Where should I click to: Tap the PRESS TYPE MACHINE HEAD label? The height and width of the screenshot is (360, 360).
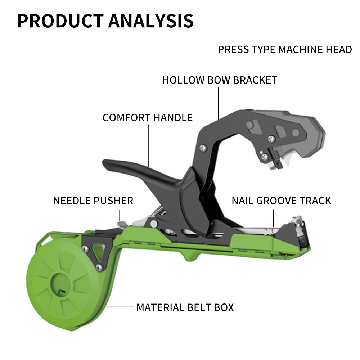285,50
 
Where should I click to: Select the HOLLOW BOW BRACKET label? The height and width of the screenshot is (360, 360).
220,80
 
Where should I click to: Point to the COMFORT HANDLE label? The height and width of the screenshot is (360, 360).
148,118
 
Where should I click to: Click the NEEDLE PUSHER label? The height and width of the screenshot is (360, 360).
93,201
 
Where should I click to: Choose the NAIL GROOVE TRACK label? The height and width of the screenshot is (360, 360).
281,201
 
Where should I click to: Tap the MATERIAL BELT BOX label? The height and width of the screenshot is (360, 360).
185,307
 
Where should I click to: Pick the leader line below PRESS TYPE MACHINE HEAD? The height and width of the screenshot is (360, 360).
306,86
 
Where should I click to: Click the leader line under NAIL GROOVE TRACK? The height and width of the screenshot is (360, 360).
274,218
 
